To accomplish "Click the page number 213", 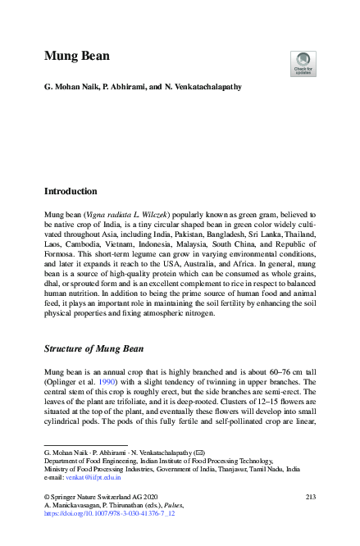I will tap(310, 498).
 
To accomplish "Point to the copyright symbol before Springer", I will tap(47, 498).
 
